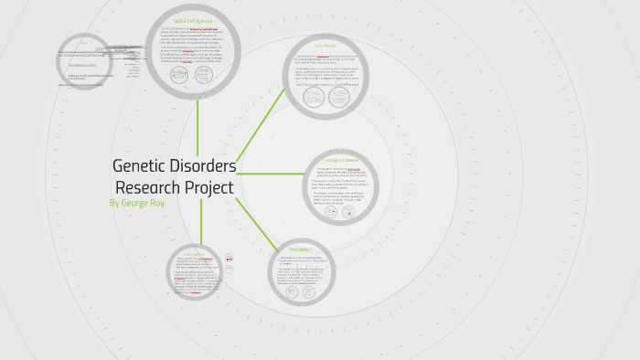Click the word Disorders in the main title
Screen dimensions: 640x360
(205, 166)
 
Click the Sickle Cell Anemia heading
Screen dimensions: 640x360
(193, 20)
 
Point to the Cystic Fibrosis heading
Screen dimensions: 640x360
(326, 45)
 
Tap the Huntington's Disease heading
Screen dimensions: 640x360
(340, 160)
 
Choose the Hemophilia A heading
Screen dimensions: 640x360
(301, 249)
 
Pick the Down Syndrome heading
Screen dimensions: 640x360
(193, 253)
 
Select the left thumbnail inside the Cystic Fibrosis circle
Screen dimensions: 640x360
(315, 101)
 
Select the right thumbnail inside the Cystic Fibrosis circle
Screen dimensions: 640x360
(340, 101)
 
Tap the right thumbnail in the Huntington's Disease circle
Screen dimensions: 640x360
(350, 211)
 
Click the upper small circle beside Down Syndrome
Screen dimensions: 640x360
(229, 259)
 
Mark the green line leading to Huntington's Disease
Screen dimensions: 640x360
(270, 174)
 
